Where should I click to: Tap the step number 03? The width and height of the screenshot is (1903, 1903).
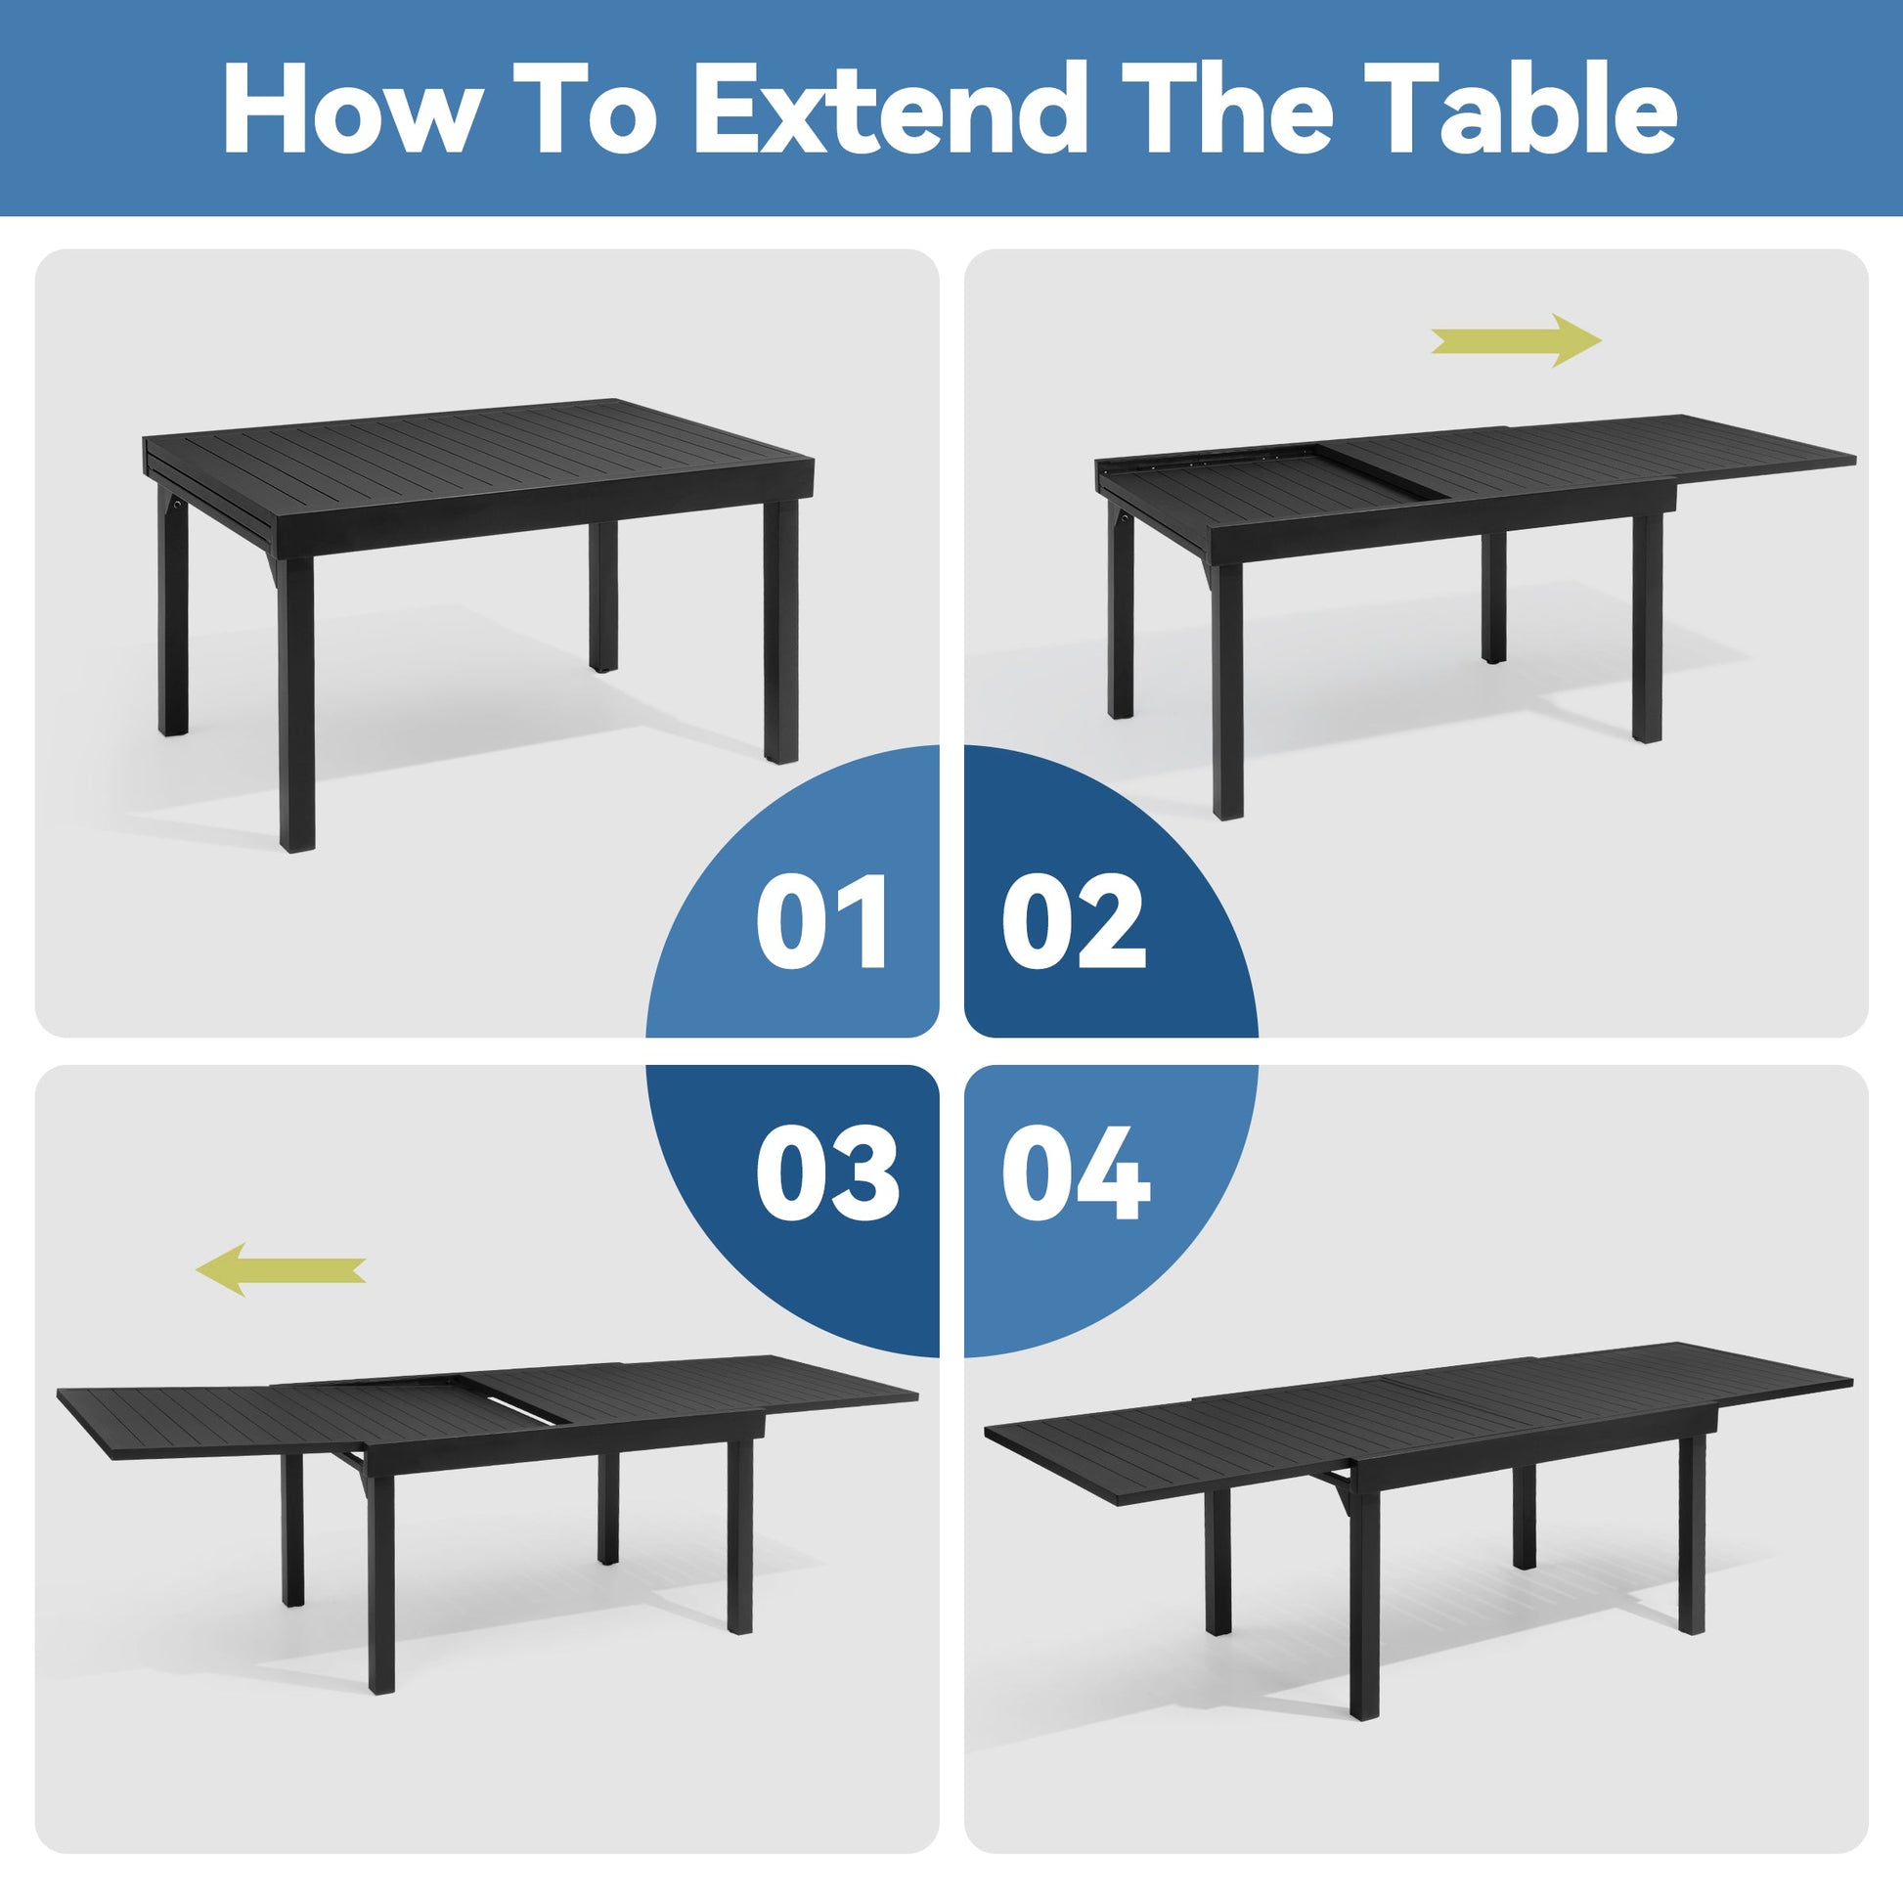(x=827, y=1174)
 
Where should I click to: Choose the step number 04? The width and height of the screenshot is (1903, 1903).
(x=1076, y=1174)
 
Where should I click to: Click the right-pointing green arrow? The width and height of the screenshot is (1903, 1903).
(x=1517, y=341)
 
